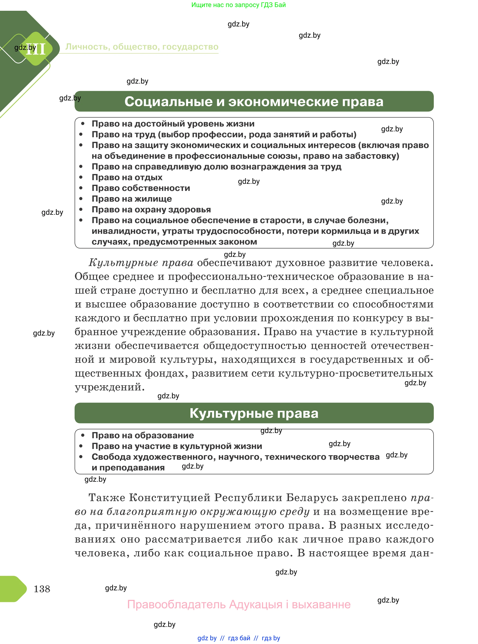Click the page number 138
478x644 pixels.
pyautogui.click(x=42, y=589)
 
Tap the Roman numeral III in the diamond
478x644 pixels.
pyautogui.click(x=37, y=49)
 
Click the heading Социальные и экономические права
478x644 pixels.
pyautogui.click(x=254, y=102)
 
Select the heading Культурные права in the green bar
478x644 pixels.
pyautogui.click(x=254, y=413)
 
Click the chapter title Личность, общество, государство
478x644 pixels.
pyautogui.click(x=142, y=47)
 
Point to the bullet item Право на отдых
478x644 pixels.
pyautogui.click(x=127, y=177)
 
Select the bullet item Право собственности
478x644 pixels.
pyautogui.click(x=141, y=188)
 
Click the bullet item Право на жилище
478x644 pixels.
pyautogui.click(x=132, y=199)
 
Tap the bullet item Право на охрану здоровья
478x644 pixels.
pyautogui.click(x=151, y=209)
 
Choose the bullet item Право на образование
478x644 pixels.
pyautogui.click(x=143, y=435)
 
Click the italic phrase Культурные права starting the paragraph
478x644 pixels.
pyautogui.click(x=141, y=263)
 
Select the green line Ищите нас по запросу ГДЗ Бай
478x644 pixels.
pyautogui.click(x=238, y=5)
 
